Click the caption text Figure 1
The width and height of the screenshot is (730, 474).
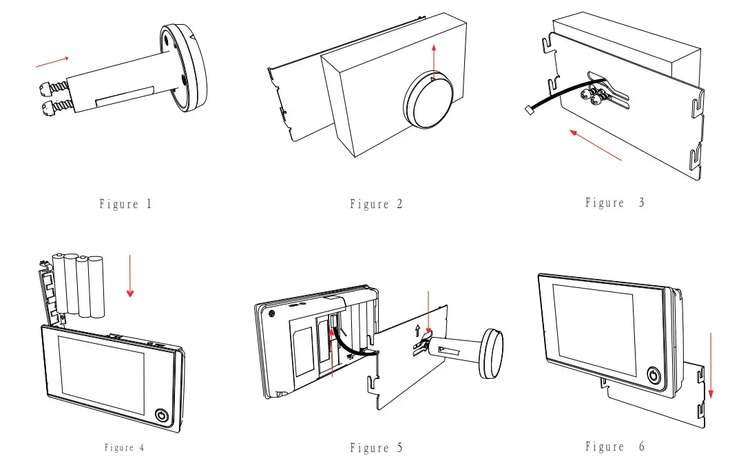[125, 204]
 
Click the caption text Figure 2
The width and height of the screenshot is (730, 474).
[376, 204]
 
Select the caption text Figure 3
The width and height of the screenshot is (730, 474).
[614, 203]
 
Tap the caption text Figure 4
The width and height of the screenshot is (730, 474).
[125, 448]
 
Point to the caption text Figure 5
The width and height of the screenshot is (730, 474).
[376, 449]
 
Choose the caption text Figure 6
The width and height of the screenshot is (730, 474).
[614, 447]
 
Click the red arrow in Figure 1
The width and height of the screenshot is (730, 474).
[52, 63]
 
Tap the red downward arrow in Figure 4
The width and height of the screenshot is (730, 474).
[130, 276]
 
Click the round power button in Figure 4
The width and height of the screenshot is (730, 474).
[161, 416]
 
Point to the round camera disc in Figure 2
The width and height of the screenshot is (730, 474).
[428, 102]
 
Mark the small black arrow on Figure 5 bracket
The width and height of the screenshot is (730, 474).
[417, 331]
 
